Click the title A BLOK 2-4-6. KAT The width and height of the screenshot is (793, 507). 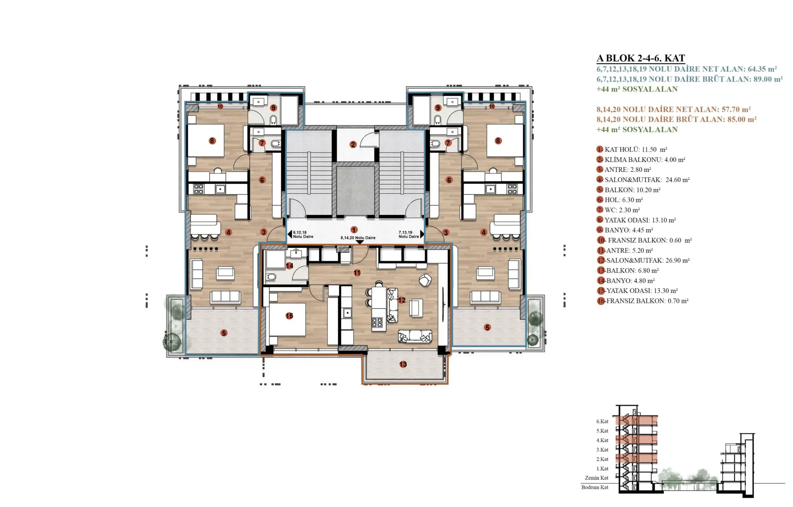point(641,58)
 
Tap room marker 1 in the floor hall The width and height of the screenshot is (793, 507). point(354,230)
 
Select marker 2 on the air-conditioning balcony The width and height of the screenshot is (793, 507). point(353,144)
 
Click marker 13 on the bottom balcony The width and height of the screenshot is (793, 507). point(403,364)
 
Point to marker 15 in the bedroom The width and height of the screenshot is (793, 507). point(289,316)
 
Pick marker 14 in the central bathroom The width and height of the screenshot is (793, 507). point(289,266)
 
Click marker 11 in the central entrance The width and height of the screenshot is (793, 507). point(357,273)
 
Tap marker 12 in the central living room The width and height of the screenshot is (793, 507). point(401,300)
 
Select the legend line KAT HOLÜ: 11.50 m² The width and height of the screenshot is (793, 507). point(632,150)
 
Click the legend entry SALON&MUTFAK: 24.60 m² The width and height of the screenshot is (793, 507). point(643,180)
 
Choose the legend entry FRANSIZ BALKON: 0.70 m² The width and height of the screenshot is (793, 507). point(643,301)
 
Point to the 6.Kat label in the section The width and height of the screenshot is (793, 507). point(602,421)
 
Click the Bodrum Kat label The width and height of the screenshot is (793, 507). point(595,487)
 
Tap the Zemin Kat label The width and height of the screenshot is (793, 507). point(596,478)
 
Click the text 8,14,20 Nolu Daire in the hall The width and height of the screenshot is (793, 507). point(358,238)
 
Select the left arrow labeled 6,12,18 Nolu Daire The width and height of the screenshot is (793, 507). point(290,235)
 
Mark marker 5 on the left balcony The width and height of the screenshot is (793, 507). point(224,333)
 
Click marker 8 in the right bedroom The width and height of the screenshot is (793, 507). point(498,140)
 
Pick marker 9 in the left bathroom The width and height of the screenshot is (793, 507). point(273,108)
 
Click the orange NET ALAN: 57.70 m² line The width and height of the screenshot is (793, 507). point(674,109)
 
